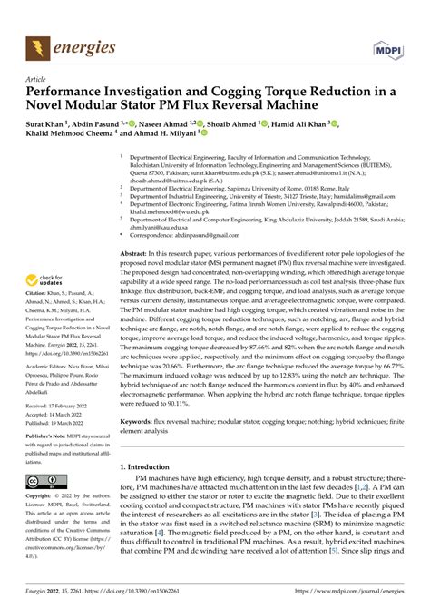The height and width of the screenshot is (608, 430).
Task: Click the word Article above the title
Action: click(x=40, y=79)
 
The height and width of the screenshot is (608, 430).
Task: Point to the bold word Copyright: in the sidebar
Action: click(x=40, y=497)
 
